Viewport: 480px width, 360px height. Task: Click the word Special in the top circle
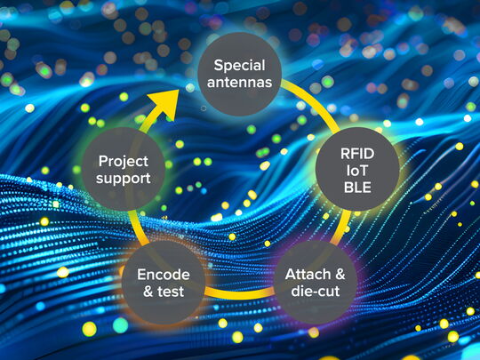click(x=239, y=66)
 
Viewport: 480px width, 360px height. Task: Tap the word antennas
click(x=239, y=83)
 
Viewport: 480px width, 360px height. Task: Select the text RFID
click(x=357, y=154)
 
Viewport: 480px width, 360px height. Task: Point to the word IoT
click(x=357, y=171)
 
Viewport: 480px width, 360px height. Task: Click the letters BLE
click(x=357, y=188)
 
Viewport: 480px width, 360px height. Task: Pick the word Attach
click(x=308, y=275)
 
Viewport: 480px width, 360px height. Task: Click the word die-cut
click(x=316, y=291)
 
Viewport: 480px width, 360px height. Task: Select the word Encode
click(x=164, y=275)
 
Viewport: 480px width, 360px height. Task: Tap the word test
click(x=171, y=292)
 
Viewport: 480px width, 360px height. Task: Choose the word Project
click(x=124, y=162)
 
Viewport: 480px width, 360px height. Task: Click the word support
click(x=123, y=179)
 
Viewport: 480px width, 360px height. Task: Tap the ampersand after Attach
click(x=340, y=275)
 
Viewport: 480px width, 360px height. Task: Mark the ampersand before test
click(x=148, y=292)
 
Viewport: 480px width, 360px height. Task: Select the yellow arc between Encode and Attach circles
click(x=239, y=293)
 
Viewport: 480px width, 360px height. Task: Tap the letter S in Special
click(x=218, y=65)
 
